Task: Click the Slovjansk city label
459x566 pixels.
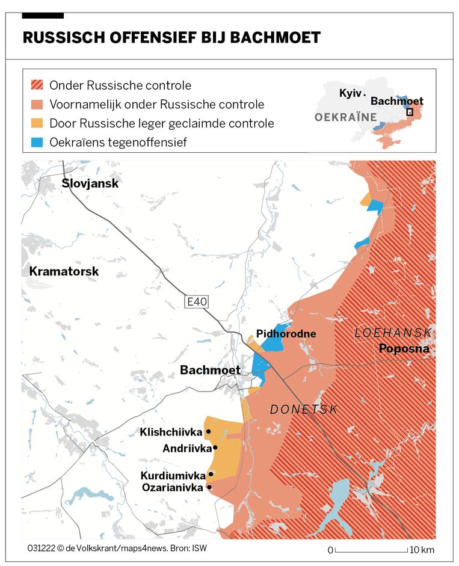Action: [x=90, y=183]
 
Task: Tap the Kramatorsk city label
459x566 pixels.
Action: [x=64, y=272]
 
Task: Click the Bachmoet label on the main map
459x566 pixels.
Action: [x=210, y=370]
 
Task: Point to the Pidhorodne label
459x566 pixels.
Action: [x=286, y=334]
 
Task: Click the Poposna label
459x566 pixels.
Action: [x=404, y=348]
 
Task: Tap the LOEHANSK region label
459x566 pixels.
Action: [x=393, y=333]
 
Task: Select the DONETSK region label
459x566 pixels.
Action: [x=303, y=409]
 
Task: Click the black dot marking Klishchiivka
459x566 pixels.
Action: [x=208, y=431]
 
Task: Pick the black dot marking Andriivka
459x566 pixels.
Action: [x=215, y=448]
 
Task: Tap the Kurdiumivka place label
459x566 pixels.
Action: [x=173, y=475]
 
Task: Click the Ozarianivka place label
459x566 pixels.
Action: [x=172, y=488]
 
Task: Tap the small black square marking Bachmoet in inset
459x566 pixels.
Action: [x=410, y=112]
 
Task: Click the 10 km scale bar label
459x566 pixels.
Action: [x=421, y=550]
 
